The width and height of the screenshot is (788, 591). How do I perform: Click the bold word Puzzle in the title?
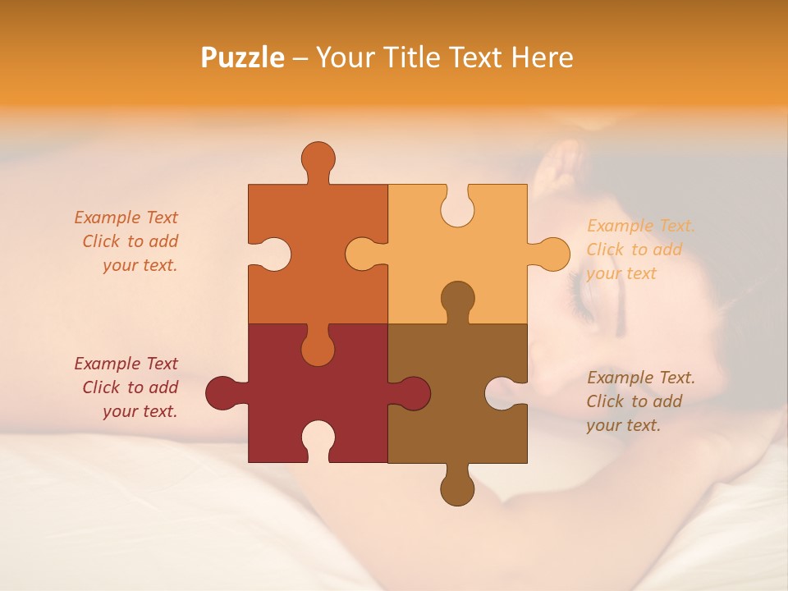click(x=243, y=57)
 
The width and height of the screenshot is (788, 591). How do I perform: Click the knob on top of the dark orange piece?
click(x=318, y=158)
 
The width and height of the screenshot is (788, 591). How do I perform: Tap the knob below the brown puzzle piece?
click(x=457, y=488)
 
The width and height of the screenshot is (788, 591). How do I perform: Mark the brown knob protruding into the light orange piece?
click(x=457, y=299)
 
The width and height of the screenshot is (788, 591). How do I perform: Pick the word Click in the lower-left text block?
click(x=102, y=387)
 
